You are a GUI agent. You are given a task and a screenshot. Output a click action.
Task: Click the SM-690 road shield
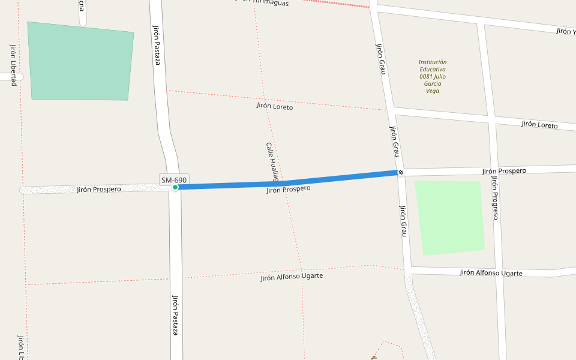click(x=174, y=179)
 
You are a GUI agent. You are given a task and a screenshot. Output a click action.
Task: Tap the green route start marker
click(x=175, y=187)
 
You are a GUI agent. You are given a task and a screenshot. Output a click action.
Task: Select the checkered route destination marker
click(x=401, y=173)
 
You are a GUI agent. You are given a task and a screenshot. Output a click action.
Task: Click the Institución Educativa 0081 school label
click(x=433, y=76)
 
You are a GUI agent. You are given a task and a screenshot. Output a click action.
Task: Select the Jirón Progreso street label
click(x=494, y=197)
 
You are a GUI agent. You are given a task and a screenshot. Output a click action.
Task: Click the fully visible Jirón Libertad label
click(x=13, y=65)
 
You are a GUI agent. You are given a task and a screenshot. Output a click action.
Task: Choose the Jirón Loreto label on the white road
click(x=539, y=125)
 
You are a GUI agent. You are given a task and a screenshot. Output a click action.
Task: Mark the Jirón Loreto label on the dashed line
click(x=275, y=106)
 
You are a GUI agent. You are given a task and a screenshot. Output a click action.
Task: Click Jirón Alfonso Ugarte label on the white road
click(x=491, y=273)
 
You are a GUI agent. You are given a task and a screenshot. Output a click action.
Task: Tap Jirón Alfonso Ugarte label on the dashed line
click(x=292, y=277)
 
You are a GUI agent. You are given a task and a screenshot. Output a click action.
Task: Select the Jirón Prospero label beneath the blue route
click(x=289, y=190)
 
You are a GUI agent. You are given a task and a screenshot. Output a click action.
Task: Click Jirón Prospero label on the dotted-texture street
click(x=99, y=190)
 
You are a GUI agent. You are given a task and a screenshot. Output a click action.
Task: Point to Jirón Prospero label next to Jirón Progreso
click(x=504, y=171)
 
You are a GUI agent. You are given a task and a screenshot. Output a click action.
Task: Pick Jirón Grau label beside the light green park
click(x=404, y=220)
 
